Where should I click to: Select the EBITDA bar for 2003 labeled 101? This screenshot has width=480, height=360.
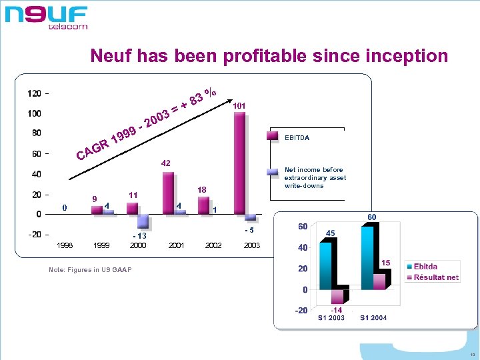click(239, 163)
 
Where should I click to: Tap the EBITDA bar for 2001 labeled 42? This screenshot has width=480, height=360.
click(168, 193)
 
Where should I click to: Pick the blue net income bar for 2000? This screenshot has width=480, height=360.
click(143, 221)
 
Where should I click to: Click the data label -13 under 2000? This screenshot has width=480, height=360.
click(139, 236)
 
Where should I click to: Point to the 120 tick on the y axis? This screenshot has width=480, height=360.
click(34, 93)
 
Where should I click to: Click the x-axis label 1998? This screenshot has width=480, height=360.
click(65, 246)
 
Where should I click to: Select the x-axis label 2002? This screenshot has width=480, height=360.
click(213, 246)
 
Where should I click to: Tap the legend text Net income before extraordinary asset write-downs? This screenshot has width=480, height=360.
click(315, 178)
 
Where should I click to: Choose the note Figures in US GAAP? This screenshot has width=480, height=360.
click(90, 269)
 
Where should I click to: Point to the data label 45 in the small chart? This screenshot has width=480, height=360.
click(329, 233)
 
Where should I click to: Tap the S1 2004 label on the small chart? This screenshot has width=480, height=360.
click(373, 318)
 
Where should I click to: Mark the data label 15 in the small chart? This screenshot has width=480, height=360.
click(385, 263)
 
